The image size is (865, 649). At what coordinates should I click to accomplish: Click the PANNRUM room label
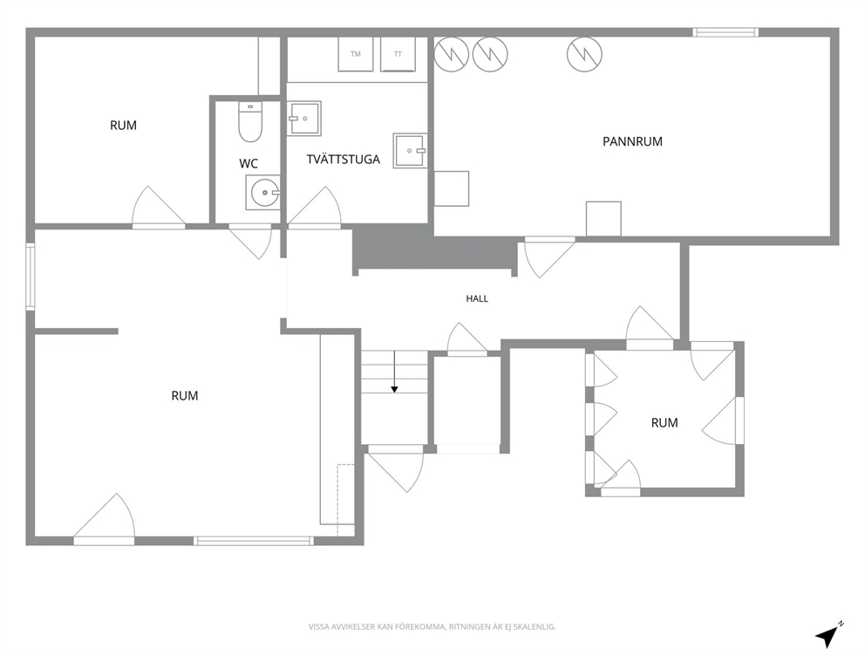click(x=632, y=141)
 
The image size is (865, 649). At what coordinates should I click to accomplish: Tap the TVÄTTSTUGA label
click(x=344, y=160)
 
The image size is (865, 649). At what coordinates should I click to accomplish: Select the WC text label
click(x=249, y=163)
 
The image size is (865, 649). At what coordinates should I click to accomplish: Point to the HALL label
click(x=477, y=298)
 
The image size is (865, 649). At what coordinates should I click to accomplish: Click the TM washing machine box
click(x=355, y=54)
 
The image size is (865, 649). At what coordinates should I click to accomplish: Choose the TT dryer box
click(x=398, y=54)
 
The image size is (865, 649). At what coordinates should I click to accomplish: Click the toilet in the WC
click(x=250, y=122)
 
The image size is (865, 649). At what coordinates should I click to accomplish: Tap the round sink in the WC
click(x=263, y=193)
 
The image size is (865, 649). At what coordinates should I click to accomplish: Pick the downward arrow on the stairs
click(x=394, y=372)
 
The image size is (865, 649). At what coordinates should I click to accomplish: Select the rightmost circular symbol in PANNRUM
click(x=585, y=54)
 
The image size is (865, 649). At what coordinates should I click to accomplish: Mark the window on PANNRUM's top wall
click(x=725, y=32)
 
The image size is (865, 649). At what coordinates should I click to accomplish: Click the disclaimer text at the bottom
click(x=432, y=627)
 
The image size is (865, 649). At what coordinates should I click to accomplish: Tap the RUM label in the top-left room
click(x=124, y=126)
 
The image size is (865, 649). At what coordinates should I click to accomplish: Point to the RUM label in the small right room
click(x=664, y=423)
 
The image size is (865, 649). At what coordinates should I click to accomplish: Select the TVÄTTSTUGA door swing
click(x=315, y=208)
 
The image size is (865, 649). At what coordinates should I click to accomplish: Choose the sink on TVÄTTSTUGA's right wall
click(x=410, y=150)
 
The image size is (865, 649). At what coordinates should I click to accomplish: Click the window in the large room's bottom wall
click(x=253, y=541)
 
